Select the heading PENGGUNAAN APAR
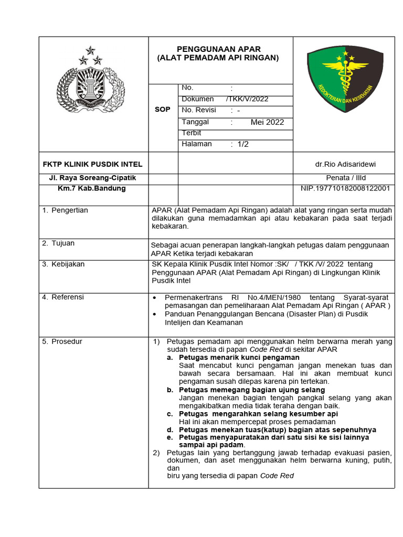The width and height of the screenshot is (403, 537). pos(218,50)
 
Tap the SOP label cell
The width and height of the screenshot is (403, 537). pos(162,110)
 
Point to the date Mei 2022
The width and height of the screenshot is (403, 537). pos(267,122)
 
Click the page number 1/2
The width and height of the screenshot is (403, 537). pos(243,144)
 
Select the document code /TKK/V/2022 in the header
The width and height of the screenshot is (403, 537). pos(247,99)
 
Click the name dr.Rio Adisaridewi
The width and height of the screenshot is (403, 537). pos(345,165)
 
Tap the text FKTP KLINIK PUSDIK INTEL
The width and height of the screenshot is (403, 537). pos(92,165)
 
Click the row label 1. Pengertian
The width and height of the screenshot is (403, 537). pos(66,210)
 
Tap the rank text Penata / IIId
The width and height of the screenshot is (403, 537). pos(345,178)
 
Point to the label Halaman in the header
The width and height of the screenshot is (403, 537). pos(197,144)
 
